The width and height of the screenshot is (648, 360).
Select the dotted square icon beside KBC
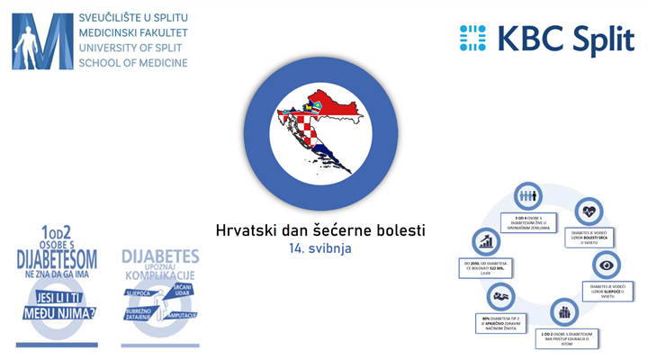point(472,39)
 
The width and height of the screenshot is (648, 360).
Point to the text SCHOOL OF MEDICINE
point(133,64)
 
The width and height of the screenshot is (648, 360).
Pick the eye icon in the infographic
point(603,266)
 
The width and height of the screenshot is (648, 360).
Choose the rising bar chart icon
point(486,241)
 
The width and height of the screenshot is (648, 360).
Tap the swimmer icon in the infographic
point(499,295)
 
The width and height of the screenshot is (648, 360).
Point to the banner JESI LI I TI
point(55,295)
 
